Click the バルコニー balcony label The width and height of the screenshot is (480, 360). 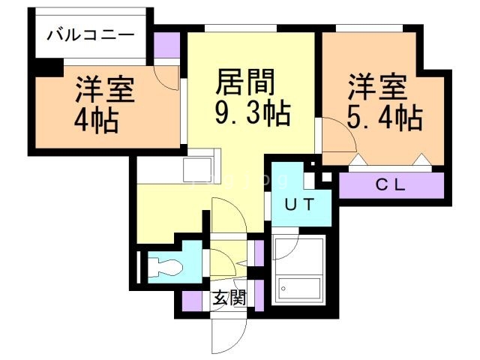[91, 34]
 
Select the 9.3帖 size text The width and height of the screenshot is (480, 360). [251, 115]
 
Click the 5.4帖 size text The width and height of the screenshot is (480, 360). [385, 117]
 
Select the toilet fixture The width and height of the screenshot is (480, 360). [165, 265]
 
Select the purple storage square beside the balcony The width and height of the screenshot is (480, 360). [167, 46]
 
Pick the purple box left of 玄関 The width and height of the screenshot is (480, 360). [193, 301]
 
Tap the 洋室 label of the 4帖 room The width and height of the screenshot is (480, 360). [104, 89]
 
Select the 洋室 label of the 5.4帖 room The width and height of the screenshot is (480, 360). [377, 86]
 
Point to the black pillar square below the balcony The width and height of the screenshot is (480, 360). [49, 66]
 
